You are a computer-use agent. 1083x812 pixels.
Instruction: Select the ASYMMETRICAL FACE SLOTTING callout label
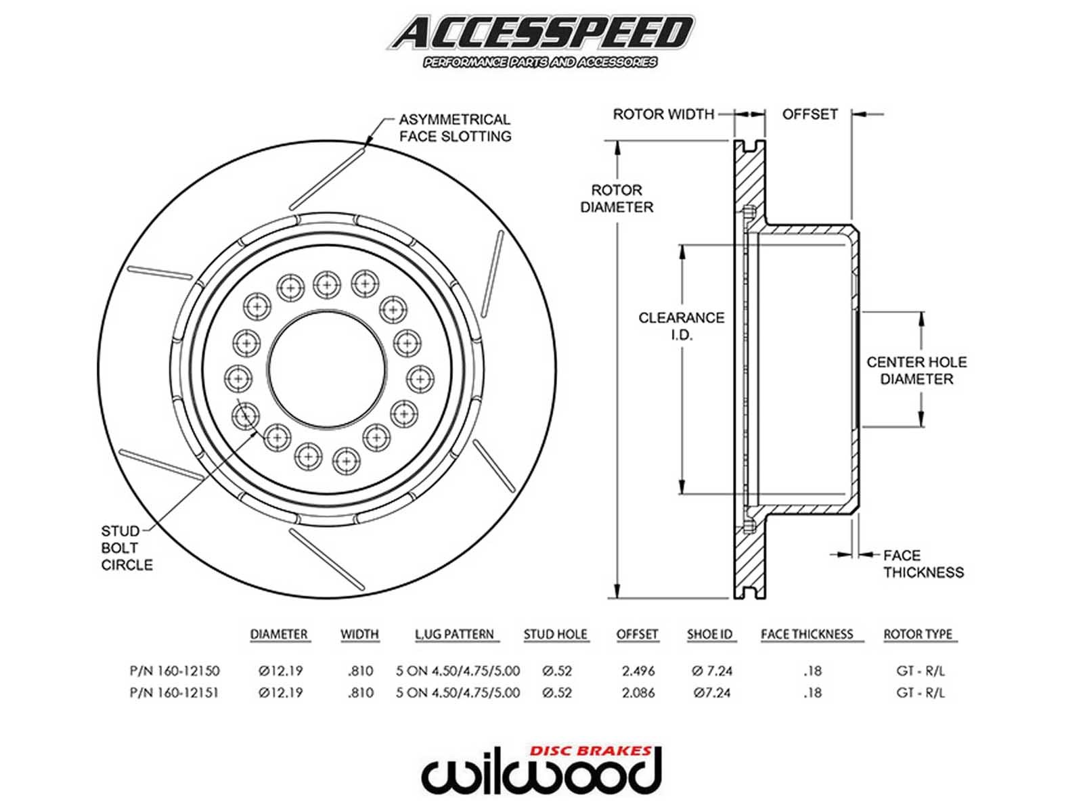[454, 128]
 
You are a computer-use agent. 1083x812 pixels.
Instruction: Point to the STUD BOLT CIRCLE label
[127, 548]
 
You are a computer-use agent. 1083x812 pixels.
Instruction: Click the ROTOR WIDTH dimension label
[663, 114]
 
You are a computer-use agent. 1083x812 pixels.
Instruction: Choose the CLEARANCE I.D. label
[681, 325]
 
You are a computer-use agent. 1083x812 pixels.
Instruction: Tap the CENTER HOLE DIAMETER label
[916, 370]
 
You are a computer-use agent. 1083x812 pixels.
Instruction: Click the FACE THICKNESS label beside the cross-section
[923, 564]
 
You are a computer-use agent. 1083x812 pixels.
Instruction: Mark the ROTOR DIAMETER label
[617, 199]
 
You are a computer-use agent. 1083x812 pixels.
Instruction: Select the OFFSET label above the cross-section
[810, 114]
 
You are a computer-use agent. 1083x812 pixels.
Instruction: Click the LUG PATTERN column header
[454, 635]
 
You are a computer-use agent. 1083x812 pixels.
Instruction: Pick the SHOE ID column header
[709, 635]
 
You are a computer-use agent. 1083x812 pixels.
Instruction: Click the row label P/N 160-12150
[175, 671]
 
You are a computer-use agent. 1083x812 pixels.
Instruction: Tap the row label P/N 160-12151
[175, 693]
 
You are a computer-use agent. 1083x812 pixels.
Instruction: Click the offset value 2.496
[638, 671]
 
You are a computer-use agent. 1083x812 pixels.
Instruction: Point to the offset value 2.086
[638, 693]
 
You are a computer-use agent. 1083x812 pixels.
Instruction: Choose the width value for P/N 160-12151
[360, 693]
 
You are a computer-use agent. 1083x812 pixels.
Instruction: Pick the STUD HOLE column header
[555, 635]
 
